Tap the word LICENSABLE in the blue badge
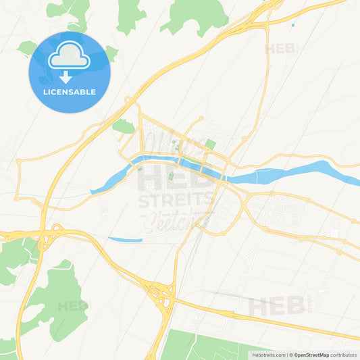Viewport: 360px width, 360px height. (x=69, y=92)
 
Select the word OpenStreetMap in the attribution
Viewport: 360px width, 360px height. (x=311, y=355)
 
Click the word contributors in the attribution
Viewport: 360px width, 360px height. (x=343, y=355)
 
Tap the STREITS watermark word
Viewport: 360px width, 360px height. (x=177, y=200)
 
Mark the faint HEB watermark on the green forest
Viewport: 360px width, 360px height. (x=72, y=306)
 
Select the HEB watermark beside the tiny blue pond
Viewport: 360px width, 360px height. (x=280, y=49)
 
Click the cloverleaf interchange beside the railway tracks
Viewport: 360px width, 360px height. (x=162, y=295)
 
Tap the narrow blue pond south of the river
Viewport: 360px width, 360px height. (x=126, y=239)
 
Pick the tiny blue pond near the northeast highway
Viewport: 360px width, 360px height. (x=292, y=26)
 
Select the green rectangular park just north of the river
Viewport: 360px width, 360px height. (x=210, y=144)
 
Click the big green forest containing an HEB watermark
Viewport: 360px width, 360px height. (x=57, y=301)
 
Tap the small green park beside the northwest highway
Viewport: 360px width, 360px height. (x=123, y=126)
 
